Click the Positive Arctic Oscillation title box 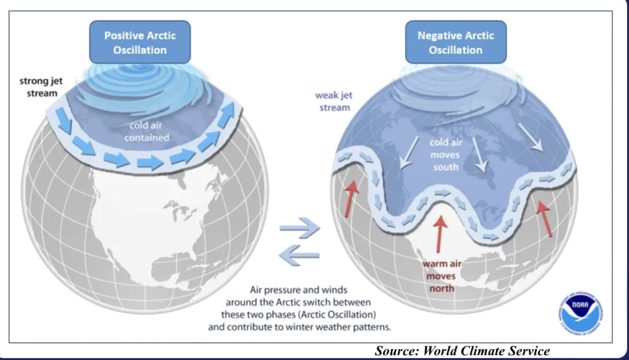140,42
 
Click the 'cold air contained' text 149,132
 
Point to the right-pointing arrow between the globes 300,228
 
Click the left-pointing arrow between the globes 300,255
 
